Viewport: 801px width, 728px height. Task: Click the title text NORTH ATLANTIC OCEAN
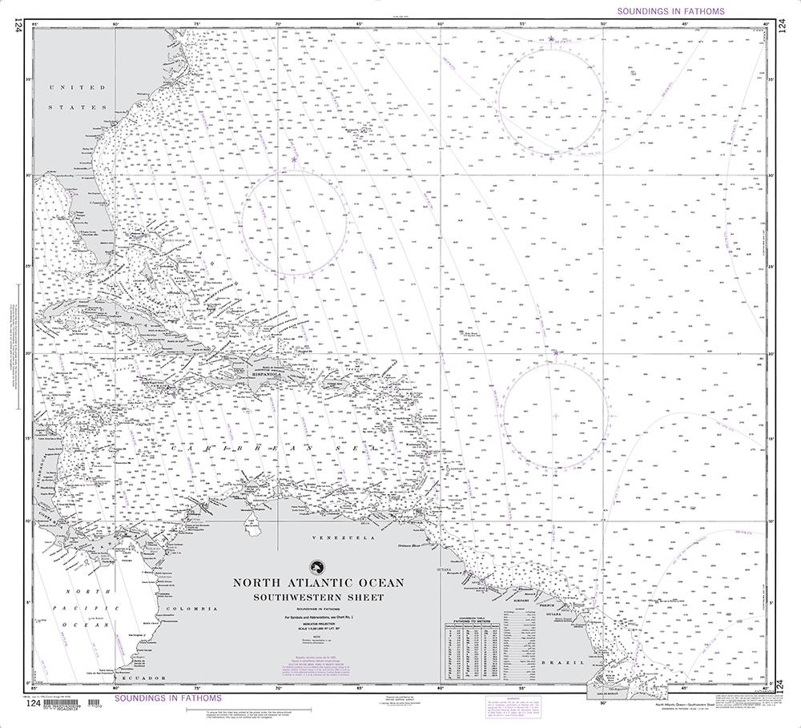point(319,583)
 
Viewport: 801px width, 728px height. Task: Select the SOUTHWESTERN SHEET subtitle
point(319,597)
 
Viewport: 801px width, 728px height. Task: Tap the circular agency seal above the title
point(318,567)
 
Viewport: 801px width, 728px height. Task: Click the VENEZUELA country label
point(350,539)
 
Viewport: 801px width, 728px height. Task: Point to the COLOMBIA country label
point(199,609)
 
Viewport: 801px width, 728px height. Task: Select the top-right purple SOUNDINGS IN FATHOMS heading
point(670,11)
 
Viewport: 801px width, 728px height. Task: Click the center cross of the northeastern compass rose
point(553,102)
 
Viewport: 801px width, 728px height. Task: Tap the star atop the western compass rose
point(294,160)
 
